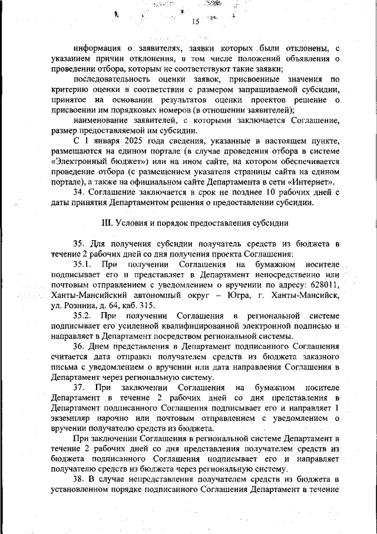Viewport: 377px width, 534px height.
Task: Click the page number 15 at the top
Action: coord(196,22)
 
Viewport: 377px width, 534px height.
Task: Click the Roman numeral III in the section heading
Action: coord(107,223)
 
